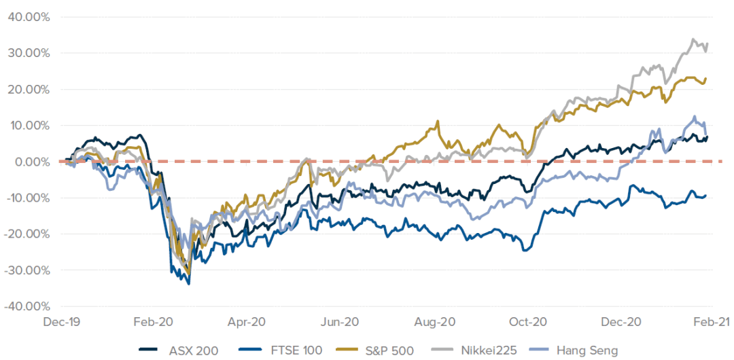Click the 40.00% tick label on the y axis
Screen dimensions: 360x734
[x=29, y=17]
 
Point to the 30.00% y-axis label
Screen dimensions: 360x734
[x=29, y=53]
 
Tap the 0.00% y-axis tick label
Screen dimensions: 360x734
[x=31, y=162]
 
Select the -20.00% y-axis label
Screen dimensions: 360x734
[x=27, y=234]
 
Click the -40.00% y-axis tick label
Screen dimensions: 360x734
[x=27, y=306]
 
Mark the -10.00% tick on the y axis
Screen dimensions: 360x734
[x=27, y=198]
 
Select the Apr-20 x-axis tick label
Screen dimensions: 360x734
[x=247, y=321]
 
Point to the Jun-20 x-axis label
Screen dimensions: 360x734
[x=340, y=321]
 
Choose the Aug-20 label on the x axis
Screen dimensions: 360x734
[x=434, y=321]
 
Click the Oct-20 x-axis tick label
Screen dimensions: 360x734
[x=527, y=321]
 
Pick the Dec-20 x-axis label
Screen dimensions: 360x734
[x=621, y=321]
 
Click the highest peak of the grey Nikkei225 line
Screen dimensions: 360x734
[x=693, y=39]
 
